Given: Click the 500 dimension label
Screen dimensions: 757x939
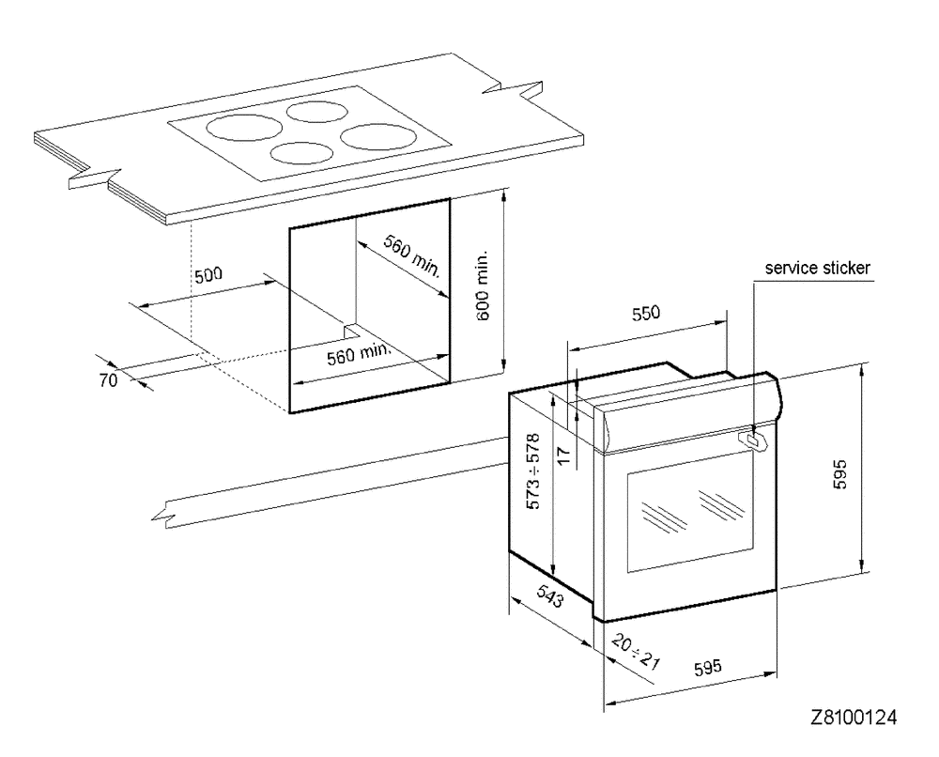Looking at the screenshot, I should (x=209, y=276).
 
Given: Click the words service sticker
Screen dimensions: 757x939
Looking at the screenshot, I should (x=818, y=268).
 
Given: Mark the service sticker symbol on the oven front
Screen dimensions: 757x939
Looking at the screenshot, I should (x=751, y=439).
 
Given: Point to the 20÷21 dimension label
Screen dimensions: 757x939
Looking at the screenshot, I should (x=636, y=649).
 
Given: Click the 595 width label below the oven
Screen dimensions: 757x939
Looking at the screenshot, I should (x=705, y=668).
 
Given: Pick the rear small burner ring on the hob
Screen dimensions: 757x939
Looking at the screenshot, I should (x=316, y=112).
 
